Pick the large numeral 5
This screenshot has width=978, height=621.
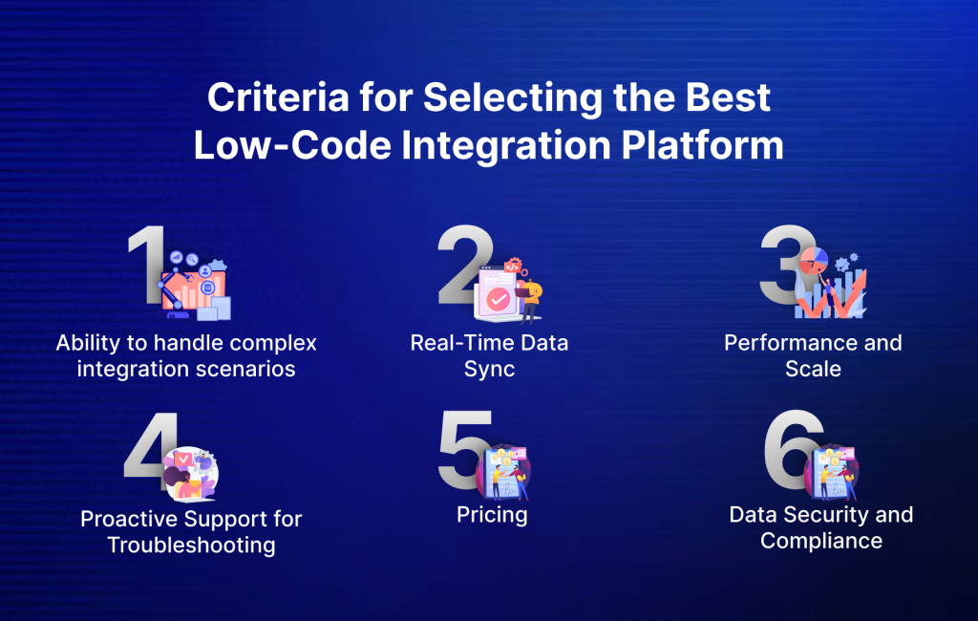[x=464, y=447]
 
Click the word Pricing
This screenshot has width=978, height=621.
[x=492, y=515]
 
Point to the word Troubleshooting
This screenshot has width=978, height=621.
[x=191, y=546]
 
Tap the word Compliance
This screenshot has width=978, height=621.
[x=820, y=541]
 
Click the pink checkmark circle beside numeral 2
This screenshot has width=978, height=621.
[x=498, y=300]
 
